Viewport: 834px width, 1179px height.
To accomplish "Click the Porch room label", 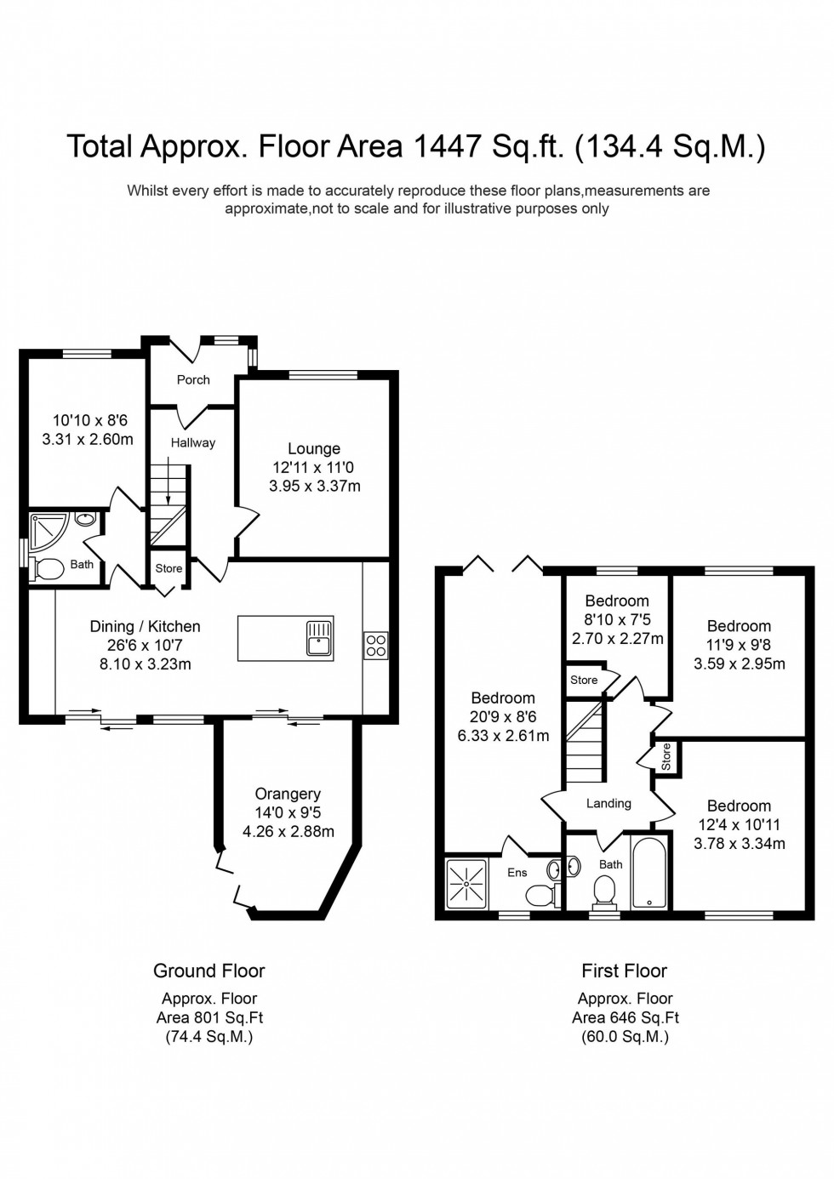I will [193, 379].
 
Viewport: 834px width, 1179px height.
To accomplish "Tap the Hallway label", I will [193, 442].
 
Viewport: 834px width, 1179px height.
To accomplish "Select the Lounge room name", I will [314, 448].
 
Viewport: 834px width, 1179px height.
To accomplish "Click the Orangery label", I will [288, 794].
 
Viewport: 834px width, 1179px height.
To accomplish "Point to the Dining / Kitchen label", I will [146, 626].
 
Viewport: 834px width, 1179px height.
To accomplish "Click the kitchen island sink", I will [319, 637].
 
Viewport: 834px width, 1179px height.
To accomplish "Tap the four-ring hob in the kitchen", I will [376, 646].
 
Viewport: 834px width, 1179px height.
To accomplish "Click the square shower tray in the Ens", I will [466, 884].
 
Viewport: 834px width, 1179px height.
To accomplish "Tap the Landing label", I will [608, 803].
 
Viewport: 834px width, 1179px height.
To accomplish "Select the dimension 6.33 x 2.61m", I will [503, 736].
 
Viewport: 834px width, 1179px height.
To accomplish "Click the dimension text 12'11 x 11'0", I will [313, 467].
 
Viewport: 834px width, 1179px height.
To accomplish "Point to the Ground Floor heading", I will [209, 971].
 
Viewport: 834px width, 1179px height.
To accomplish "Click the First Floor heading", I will [624, 971].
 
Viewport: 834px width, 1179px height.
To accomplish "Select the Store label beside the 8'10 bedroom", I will [584, 680].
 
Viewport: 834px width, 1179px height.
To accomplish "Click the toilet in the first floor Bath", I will [604, 891].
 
